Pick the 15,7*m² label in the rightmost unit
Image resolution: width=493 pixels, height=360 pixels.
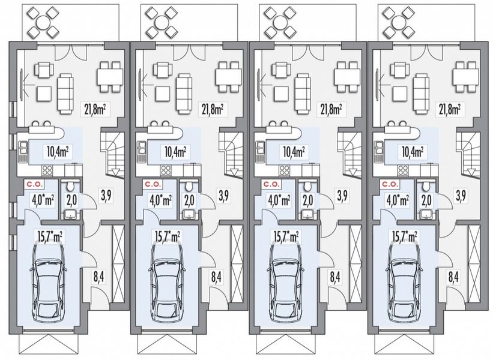pos(405,237)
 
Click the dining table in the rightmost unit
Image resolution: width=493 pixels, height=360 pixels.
pos(464,77)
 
